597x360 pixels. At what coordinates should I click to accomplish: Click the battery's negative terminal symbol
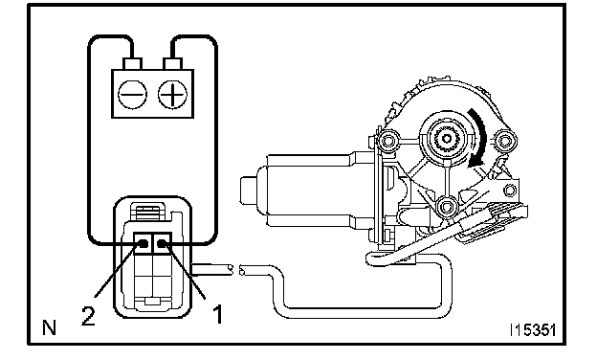(x=132, y=94)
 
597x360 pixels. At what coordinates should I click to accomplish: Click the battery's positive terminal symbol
(x=173, y=94)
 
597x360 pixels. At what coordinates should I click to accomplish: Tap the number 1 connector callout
(x=217, y=314)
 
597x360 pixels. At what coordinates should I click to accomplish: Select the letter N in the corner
(x=49, y=327)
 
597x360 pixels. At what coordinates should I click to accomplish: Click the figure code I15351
(x=533, y=330)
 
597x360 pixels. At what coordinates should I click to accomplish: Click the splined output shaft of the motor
(x=446, y=140)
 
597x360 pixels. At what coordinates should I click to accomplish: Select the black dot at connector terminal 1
(x=162, y=243)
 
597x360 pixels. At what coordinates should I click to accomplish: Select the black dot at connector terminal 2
(x=144, y=243)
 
